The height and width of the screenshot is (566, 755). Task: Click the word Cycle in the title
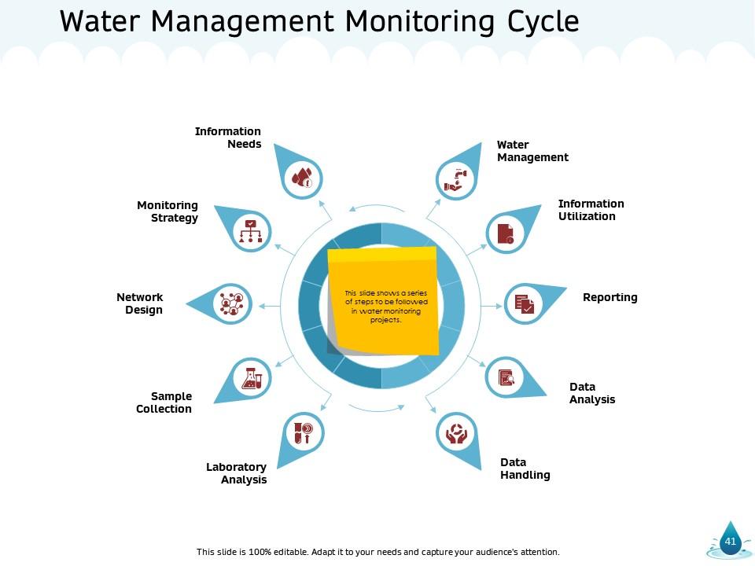click(538, 22)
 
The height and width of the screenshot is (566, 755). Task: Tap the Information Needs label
click(228, 138)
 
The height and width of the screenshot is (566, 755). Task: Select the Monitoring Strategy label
click(168, 211)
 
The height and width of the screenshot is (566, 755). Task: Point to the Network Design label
click(140, 303)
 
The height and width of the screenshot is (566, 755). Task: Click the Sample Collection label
click(164, 402)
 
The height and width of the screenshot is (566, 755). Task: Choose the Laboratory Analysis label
click(236, 473)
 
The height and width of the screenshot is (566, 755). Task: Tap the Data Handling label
click(525, 469)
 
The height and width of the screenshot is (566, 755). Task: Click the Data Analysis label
click(591, 393)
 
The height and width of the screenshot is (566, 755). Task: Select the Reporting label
click(610, 297)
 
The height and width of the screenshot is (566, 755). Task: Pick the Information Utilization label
click(591, 210)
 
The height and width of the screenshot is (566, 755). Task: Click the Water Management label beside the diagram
click(532, 151)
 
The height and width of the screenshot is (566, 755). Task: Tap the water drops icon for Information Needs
click(302, 178)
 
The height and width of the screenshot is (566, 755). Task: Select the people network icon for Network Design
click(232, 303)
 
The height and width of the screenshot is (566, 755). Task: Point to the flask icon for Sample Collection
click(252, 378)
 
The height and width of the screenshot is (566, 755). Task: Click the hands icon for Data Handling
click(456, 433)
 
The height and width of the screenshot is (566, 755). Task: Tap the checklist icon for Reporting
click(524, 303)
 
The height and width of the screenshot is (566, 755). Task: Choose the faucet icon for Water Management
click(455, 178)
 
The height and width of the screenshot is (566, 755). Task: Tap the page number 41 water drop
click(731, 540)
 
